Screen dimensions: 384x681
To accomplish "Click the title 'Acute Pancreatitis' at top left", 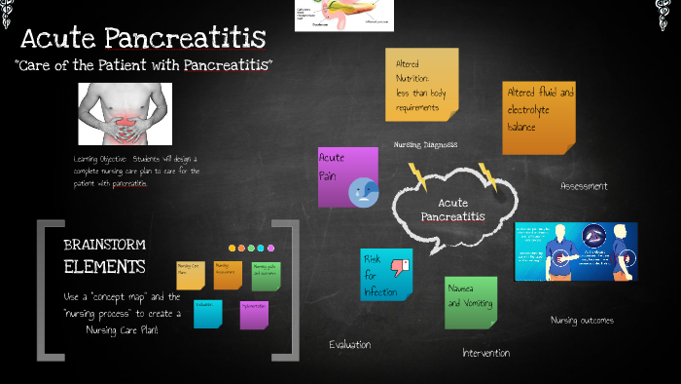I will point(143,39).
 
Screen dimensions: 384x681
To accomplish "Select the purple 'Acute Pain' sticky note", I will point(347,176).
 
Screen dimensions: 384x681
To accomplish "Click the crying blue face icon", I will point(363,190).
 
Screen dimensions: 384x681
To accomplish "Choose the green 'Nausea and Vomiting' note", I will point(471,301).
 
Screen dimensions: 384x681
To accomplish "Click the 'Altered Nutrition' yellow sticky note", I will point(421,85).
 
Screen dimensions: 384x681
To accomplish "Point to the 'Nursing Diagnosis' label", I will point(425,144).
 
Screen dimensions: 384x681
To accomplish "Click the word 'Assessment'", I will point(584,185).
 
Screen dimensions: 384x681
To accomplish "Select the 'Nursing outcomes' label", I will point(582,320).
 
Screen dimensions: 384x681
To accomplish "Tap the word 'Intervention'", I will point(486,353).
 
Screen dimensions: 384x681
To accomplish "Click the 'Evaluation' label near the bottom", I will point(349,344).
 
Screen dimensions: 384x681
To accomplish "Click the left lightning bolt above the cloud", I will point(417,176).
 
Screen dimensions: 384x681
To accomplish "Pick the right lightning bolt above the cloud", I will point(487,176).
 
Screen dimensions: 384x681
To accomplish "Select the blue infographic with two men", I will point(576,251).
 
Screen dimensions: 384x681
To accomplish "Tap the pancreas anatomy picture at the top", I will point(344,15).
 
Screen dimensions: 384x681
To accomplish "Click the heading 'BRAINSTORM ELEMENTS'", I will point(104,255).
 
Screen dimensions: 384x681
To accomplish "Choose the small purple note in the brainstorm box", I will point(254,314).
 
